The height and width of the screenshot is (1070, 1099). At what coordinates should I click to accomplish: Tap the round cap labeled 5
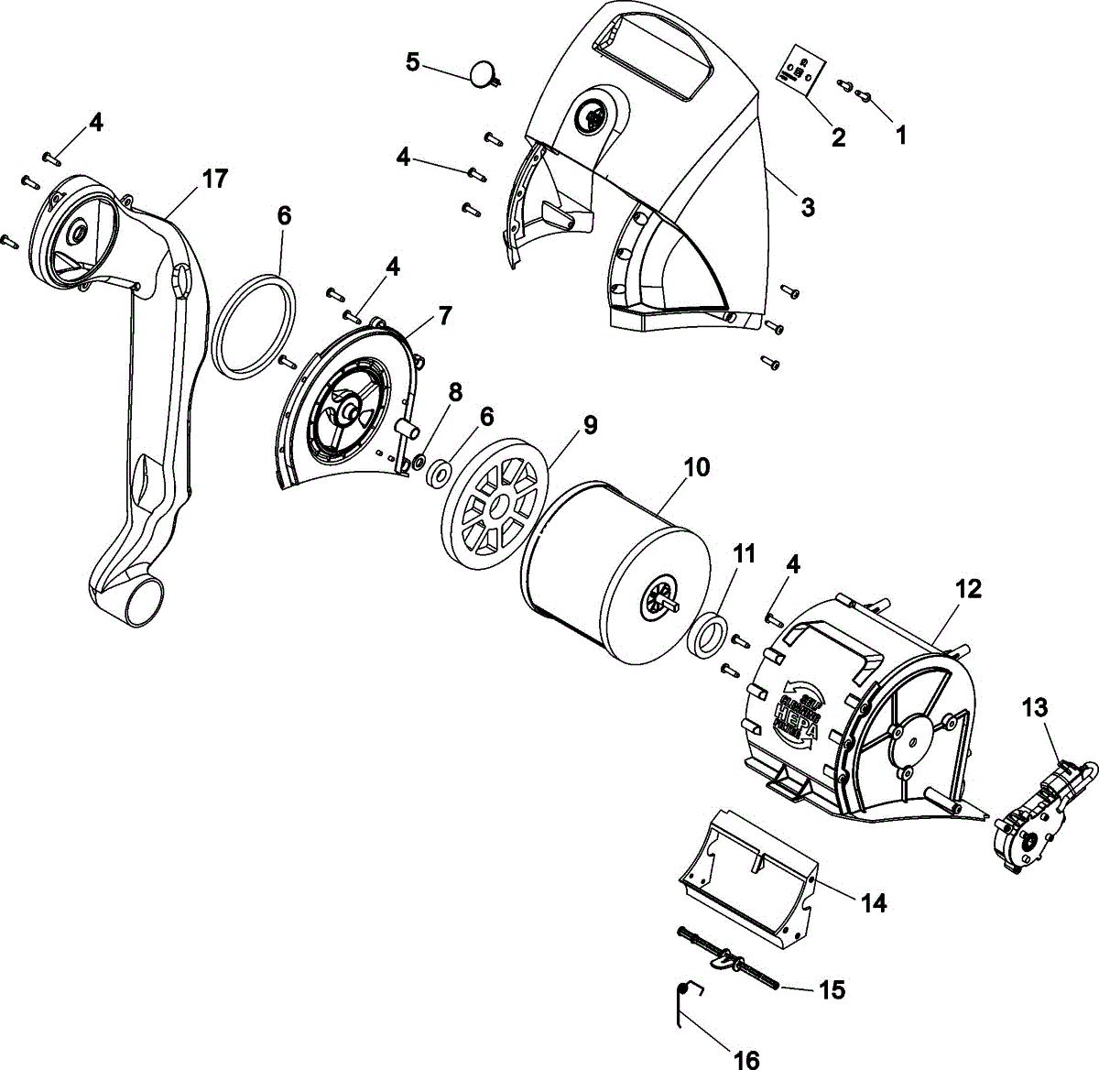482,74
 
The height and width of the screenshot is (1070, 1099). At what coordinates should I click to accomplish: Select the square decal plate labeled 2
800,70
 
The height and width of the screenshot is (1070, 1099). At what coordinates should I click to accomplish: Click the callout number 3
807,207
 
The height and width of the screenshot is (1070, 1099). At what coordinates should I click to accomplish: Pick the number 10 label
696,467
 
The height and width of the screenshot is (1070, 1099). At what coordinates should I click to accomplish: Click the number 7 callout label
444,316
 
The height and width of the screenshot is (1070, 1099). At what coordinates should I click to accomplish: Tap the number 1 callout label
901,135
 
